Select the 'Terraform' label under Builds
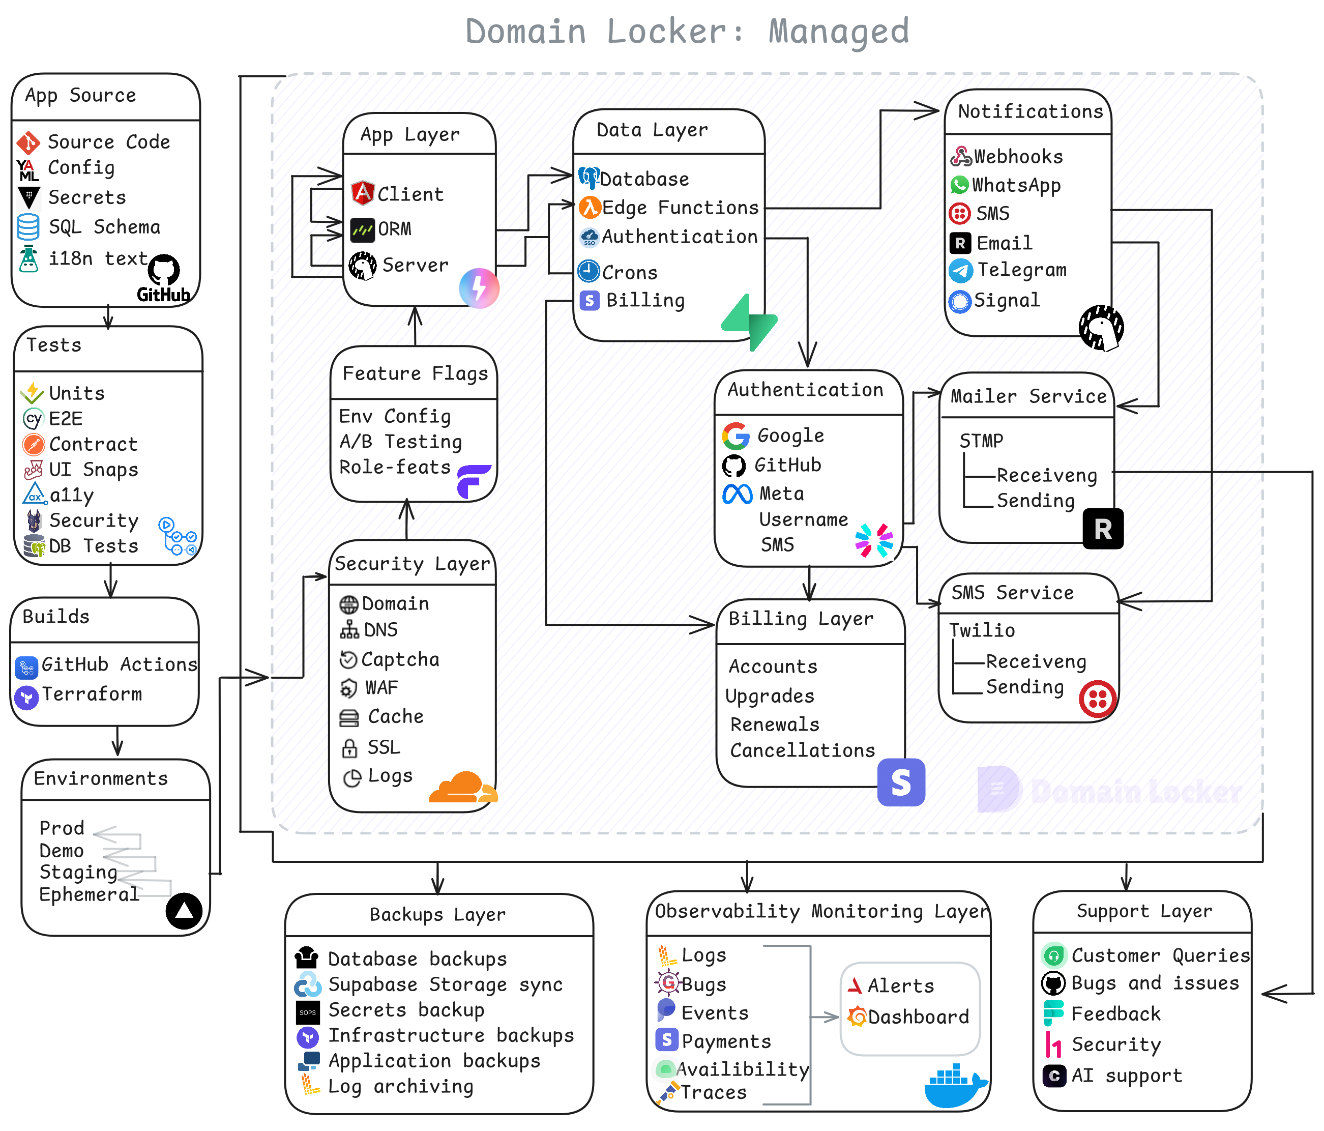tap(92, 694)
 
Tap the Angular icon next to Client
tap(362, 193)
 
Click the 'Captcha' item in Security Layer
tap(400, 659)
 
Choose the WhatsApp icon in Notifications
tap(959, 185)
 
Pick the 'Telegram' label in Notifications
tap(1022, 270)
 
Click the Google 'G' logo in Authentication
tap(735, 436)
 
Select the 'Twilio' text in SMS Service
tap(982, 631)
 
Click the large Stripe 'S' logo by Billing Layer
tap(901, 782)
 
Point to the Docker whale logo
tap(954, 1086)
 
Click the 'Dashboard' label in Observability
tap(918, 1017)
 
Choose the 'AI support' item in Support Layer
tap(1127, 1076)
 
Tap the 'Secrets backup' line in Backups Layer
tap(406, 1010)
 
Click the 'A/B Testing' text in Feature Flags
tap(401, 442)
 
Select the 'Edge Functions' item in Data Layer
tap(680, 208)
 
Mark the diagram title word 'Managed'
tap(838, 32)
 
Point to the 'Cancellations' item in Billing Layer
tap(803, 751)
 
